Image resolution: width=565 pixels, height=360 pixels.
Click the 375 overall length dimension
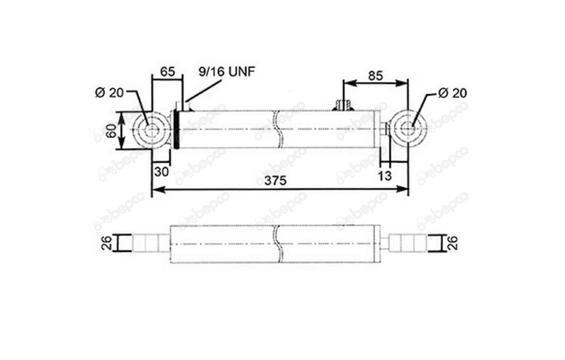275,181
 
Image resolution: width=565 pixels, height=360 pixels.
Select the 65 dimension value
167,71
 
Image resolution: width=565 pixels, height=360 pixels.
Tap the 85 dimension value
376,76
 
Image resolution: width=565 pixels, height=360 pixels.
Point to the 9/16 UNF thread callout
227,71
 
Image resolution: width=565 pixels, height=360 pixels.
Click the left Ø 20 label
109,93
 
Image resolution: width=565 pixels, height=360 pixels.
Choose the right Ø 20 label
452,93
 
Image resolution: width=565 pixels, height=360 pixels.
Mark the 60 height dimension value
111,130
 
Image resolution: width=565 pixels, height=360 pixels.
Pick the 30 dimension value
161,172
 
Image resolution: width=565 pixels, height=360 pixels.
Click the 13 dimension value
384,176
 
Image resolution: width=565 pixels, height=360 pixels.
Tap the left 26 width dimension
107,243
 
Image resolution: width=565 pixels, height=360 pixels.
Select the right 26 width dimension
453,243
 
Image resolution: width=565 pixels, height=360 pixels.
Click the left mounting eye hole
152,129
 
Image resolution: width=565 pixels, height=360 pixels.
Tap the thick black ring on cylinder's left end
177,129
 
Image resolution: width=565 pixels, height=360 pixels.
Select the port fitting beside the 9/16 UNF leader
183,106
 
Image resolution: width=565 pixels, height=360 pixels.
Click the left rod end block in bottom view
145,243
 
